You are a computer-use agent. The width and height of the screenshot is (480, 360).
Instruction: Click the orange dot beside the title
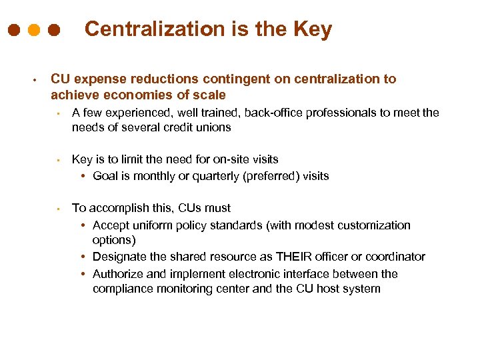pyautogui.click(x=34, y=31)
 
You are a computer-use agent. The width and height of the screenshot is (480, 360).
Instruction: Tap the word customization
pyautogui.click(x=377, y=225)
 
